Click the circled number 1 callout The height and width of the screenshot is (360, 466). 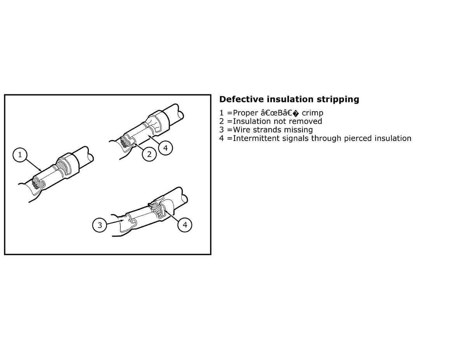tap(20, 155)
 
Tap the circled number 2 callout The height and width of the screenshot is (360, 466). tap(149, 154)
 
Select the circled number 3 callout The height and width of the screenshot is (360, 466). tap(100, 225)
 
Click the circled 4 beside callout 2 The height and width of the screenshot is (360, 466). tap(165, 148)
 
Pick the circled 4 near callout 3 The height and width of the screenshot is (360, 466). tap(185, 225)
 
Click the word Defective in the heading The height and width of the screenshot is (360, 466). tap(242, 99)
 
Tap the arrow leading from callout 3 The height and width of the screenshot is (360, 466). tap(115, 222)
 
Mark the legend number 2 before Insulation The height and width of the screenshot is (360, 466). tap(221, 121)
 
